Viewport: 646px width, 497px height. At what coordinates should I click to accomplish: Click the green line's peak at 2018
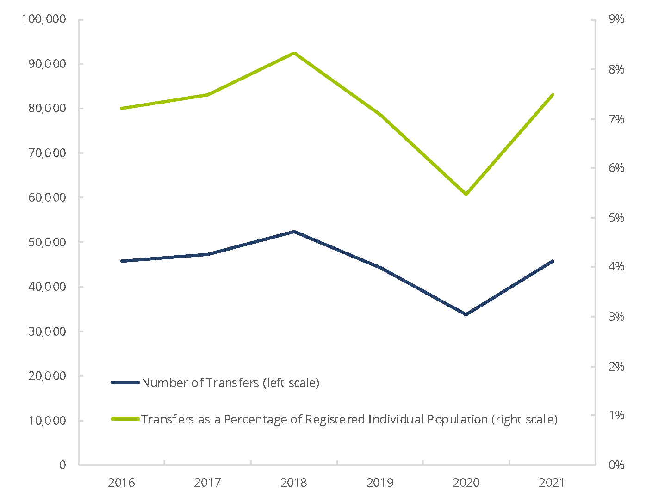point(294,53)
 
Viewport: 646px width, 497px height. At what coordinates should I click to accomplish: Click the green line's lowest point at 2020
point(466,194)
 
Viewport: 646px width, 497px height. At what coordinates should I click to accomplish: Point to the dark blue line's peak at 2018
point(294,232)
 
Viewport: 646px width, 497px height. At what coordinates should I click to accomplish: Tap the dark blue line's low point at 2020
point(466,314)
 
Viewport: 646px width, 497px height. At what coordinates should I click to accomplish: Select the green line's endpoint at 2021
point(553,95)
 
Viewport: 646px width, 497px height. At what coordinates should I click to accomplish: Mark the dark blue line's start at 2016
point(121,261)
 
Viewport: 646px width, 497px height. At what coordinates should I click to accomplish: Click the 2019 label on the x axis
point(380,483)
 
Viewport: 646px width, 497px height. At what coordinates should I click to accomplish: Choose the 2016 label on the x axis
point(121,483)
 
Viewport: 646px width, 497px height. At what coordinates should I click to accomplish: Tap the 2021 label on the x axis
point(552,483)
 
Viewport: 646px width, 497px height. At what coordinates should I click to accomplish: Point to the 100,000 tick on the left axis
point(44,19)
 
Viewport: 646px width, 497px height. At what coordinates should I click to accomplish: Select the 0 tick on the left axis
point(62,466)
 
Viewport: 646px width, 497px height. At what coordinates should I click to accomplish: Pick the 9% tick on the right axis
point(616,19)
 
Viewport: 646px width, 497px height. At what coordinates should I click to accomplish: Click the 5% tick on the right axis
point(616,218)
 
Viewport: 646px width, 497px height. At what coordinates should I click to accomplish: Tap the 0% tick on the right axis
point(616,466)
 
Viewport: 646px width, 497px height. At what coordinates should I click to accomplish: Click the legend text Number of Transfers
point(200,383)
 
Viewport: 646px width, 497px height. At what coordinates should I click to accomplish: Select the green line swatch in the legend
point(125,419)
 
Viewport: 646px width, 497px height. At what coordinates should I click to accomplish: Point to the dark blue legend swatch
point(125,383)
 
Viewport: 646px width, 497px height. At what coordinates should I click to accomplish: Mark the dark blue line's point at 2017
point(208,254)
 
